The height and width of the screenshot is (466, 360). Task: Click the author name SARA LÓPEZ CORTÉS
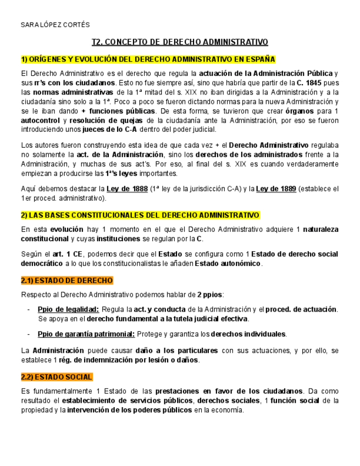[54, 25]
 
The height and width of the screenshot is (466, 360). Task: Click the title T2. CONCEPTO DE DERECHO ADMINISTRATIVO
[180, 42]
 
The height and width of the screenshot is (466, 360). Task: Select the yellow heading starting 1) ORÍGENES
[148, 59]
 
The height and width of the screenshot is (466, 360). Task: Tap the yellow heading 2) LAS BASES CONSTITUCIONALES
[140, 214]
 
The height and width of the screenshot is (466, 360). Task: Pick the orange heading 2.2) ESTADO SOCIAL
[56, 377]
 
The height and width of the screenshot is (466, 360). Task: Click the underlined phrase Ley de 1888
[127, 188]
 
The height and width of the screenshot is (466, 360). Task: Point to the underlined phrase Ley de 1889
[276, 188]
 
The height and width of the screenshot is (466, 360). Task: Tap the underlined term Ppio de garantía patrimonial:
[86, 334]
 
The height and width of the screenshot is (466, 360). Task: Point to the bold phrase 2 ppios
[211, 295]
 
